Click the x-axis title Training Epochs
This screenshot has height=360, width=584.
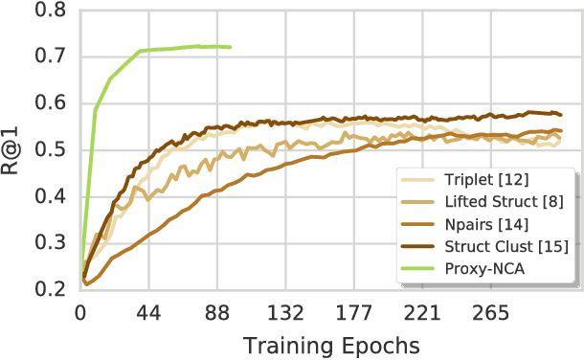click(329, 343)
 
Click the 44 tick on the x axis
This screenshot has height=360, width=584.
click(148, 313)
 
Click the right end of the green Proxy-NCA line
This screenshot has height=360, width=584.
click(230, 46)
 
